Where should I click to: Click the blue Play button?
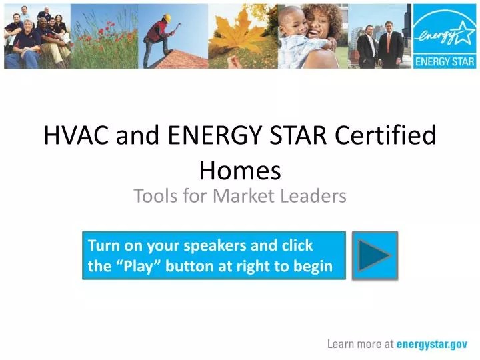point(374,255)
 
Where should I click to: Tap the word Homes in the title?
point(240,171)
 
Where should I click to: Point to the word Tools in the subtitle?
point(154,196)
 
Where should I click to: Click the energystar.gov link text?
point(432,345)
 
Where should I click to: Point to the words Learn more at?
point(361,345)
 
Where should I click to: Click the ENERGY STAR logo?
point(444,37)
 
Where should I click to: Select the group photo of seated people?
point(37,37)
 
